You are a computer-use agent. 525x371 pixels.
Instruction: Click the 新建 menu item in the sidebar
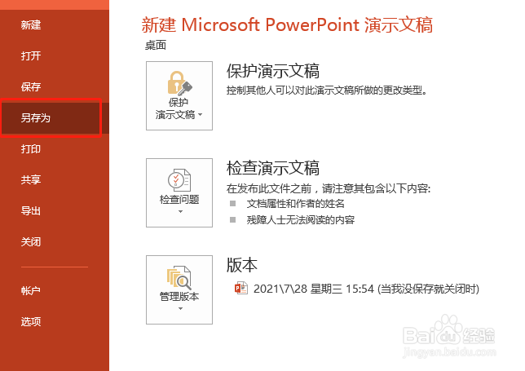31,25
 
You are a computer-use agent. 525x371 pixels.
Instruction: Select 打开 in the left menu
31,56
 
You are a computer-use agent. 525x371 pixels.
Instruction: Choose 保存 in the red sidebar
31,87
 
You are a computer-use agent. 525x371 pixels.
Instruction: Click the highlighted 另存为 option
37,118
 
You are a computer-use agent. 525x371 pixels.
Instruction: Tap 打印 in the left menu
31,149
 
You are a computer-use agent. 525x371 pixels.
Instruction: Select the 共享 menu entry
31,180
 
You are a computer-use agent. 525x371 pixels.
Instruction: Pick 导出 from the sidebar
31,211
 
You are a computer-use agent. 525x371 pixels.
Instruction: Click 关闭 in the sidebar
31,242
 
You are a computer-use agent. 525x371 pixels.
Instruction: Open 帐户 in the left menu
31,290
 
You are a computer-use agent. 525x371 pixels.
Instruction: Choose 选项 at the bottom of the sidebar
31,321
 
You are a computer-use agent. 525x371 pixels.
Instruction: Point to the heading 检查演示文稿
272,169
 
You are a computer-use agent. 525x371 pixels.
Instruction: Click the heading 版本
241,265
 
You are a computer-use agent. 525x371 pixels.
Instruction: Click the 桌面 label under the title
156,46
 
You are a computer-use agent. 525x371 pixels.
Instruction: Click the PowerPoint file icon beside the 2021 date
240,288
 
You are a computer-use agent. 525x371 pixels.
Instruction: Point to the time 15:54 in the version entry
359,289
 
